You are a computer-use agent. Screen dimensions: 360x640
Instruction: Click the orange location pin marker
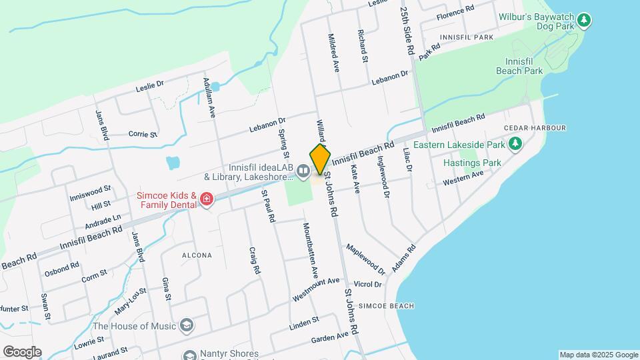pos(320,159)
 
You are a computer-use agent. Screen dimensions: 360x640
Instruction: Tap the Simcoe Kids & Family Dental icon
pos(206,199)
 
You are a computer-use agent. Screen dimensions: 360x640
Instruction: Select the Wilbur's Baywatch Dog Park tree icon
pos(585,20)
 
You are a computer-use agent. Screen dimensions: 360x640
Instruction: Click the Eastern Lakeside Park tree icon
pos(515,143)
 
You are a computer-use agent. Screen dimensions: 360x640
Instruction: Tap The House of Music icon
pos(187,325)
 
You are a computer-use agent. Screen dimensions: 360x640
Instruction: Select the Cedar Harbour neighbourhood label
pos(535,128)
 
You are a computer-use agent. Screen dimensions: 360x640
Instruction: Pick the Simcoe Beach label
pos(386,306)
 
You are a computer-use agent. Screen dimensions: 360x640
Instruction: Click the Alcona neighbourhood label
pos(197,255)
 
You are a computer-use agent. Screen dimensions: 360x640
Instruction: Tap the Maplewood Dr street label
pos(365,259)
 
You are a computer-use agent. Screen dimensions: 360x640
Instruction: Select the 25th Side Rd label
pos(407,31)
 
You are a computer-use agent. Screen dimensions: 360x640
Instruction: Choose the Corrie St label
pos(143,133)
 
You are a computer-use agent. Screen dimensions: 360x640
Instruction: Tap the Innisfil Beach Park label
pos(519,65)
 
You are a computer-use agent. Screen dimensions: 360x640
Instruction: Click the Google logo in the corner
pos(22,352)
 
